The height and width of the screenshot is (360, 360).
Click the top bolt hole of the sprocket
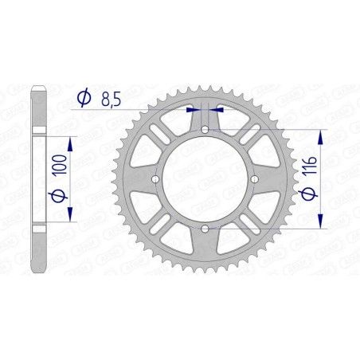coord(205,129)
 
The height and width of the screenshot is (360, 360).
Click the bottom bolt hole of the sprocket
coord(205,229)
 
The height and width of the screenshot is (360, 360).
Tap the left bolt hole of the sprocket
coord(155,179)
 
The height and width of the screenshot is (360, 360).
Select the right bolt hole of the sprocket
coord(255,179)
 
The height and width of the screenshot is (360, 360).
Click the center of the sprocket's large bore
coord(205,179)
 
